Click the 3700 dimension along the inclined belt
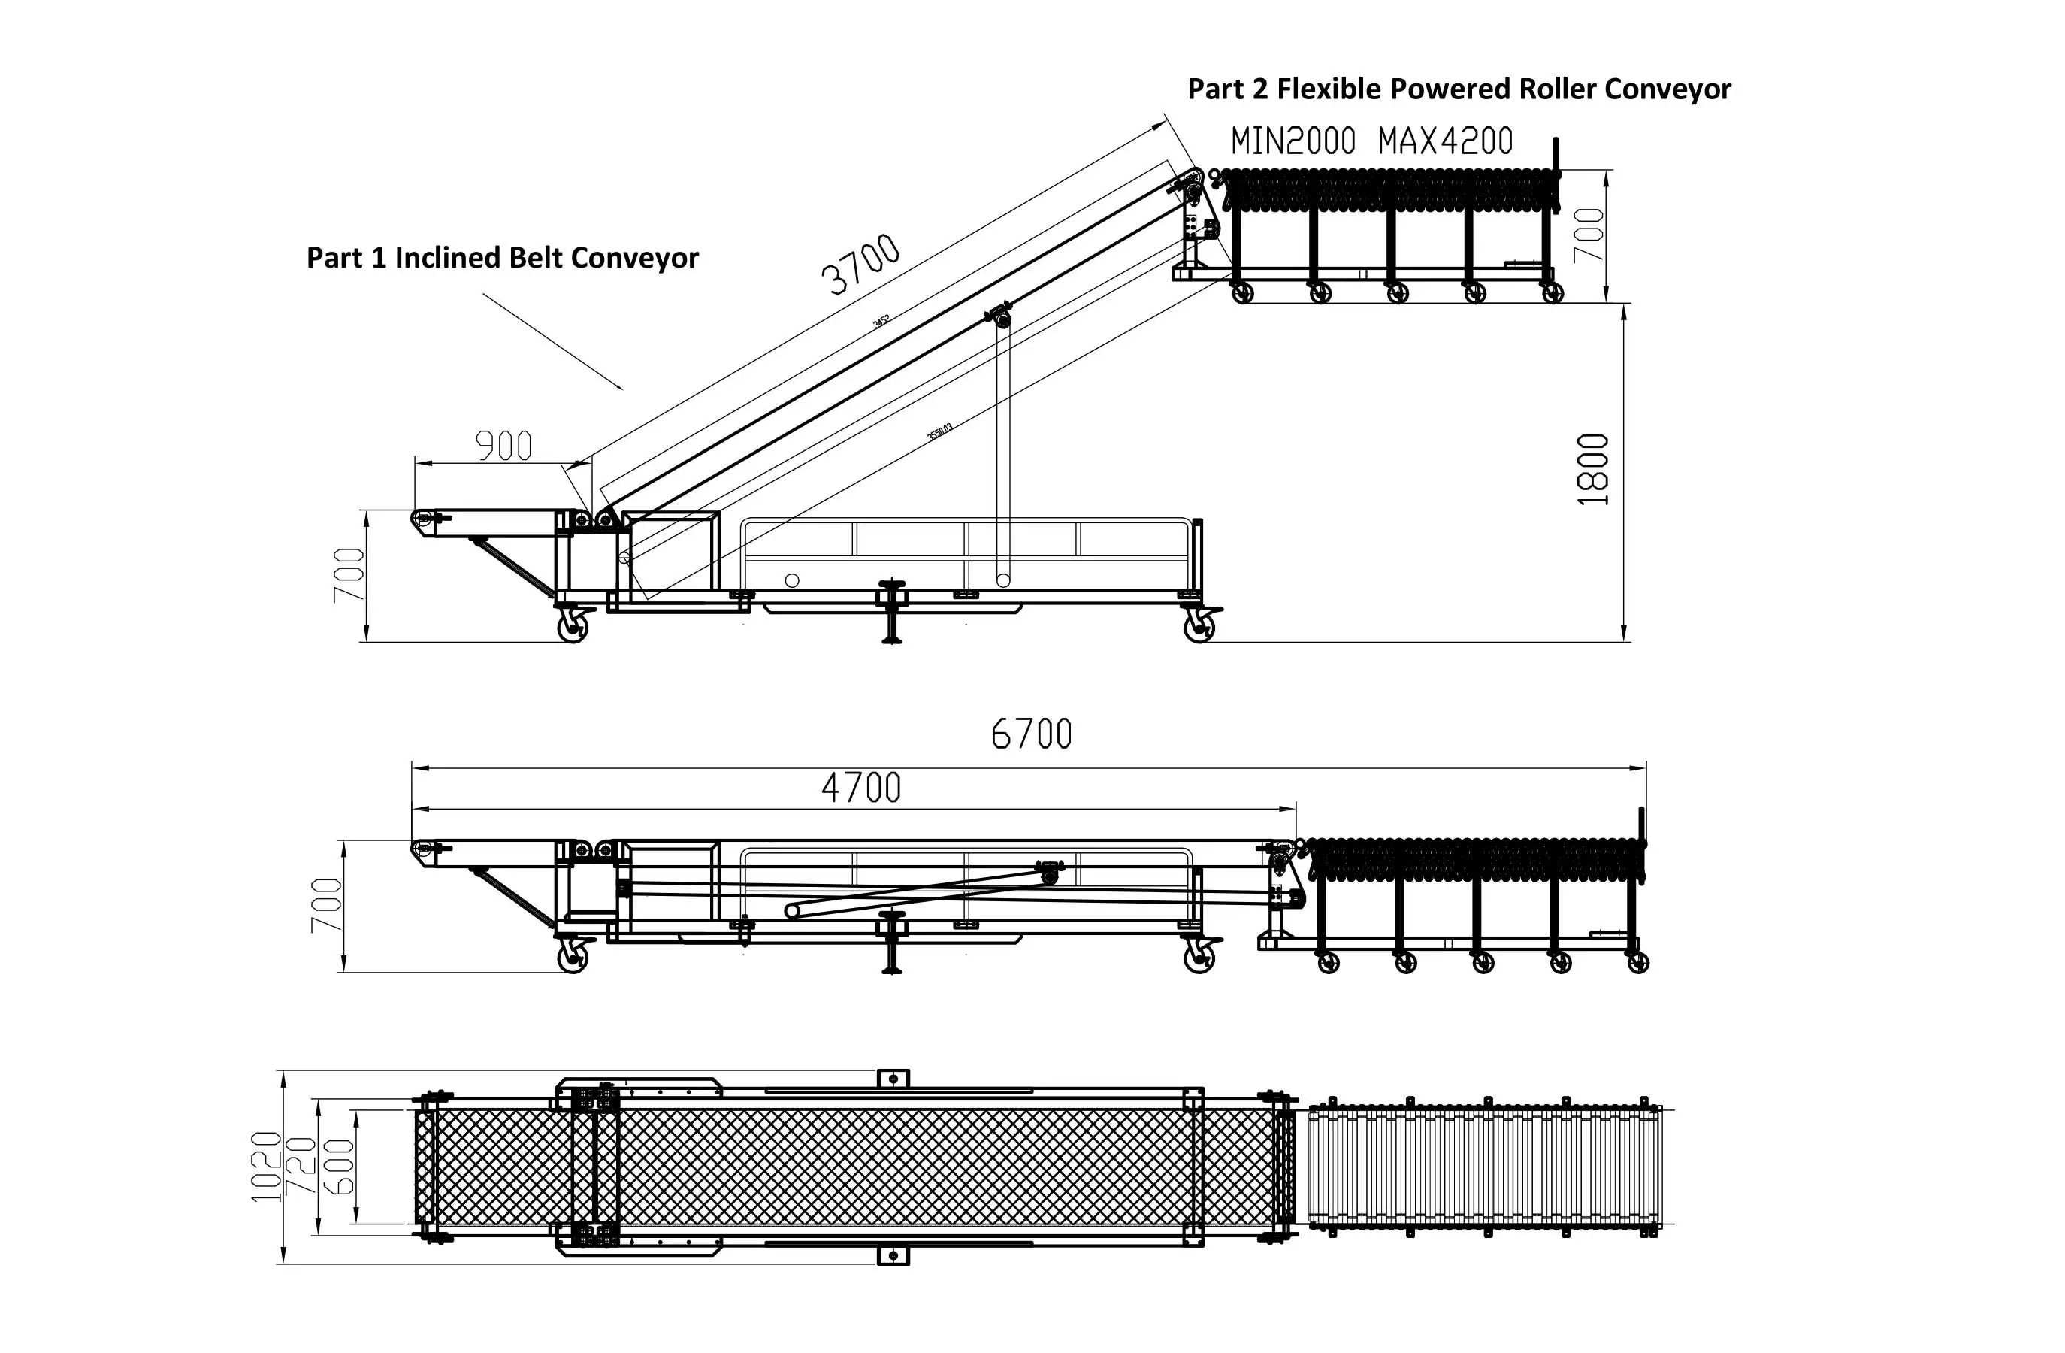pyautogui.click(x=860, y=264)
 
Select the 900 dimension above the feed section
pyautogui.click(x=503, y=446)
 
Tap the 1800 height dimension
pyautogui.click(x=1593, y=470)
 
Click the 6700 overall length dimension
pyautogui.click(x=1031, y=734)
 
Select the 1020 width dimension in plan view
pyautogui.click(x=266, y=1167)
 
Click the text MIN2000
pyautogui.click(x=1293, y=141)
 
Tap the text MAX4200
pyautogui.click(x=1446, y=141)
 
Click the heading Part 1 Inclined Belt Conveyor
pyautogui.click(x=503, y=258)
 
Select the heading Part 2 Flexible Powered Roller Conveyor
pyautogui.click(x=1459, y=89)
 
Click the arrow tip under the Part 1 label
pyautogui.click(x=621, y=389)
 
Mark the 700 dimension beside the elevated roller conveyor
pyautogui.click(x=1589, y=235)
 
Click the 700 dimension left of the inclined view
pyautogui.click(x=349, y=574)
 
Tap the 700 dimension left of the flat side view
pyautogui.click(x=326, y=905)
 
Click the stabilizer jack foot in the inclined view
pyautogui.click(x=891, y=640)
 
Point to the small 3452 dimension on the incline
pyautogui.click(x=881, y=321)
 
